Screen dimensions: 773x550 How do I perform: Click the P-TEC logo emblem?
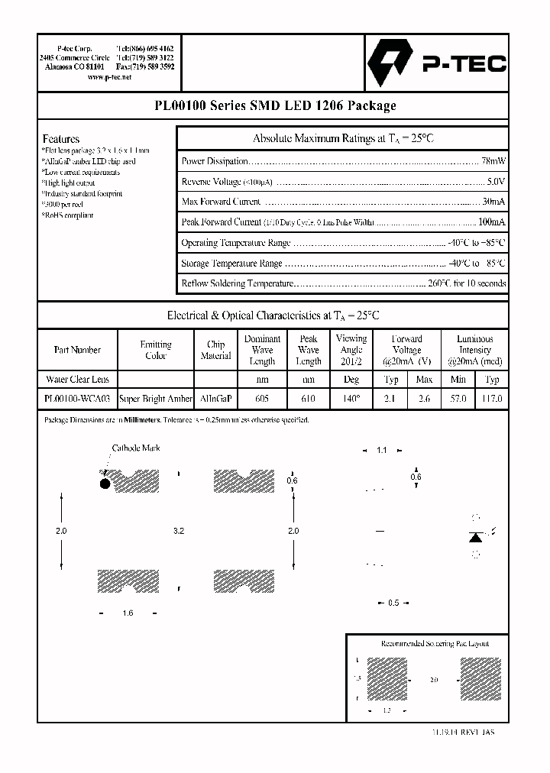click(390, 63)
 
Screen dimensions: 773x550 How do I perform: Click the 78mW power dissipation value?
click(493, 162)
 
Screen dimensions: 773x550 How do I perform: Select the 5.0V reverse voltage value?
click(496, 182)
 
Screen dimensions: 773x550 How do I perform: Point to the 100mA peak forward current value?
click(491, 222)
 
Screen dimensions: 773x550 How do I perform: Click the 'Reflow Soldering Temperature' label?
click(238, 283)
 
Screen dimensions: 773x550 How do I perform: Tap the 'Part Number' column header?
click(77, 350)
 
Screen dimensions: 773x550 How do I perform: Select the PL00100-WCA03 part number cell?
click(77, 399)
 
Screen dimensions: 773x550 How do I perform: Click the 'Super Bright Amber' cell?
click(156, 399)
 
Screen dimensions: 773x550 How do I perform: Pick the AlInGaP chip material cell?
click(216, 399)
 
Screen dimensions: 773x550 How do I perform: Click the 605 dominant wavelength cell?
click(262, 399)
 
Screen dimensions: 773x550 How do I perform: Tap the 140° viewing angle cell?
click(351, 399)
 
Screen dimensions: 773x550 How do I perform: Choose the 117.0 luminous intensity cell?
click(493, 399)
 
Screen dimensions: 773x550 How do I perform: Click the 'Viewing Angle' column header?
click(351, 349)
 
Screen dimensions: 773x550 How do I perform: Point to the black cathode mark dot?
click(105, 483)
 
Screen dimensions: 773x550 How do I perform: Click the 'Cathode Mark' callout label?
click(135, 448)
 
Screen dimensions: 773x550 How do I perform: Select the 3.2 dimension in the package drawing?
click(179, 530)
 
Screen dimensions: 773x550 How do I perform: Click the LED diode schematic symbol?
click(475, 536)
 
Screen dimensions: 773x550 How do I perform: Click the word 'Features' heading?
click(61, 139)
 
